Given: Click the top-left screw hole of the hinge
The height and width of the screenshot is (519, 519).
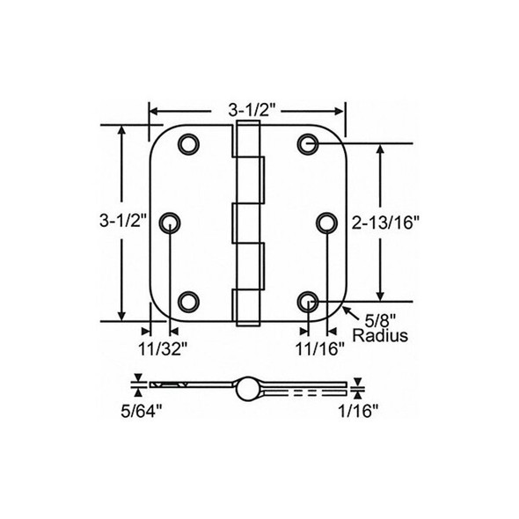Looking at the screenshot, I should pos(187,144).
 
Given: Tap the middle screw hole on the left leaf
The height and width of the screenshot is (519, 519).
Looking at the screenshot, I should pos(169,223).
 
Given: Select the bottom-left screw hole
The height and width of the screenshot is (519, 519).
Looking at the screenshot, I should pos(187,303).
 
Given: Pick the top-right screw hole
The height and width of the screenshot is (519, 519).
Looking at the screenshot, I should pos(307,144).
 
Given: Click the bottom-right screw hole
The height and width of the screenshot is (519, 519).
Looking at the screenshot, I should pos(307,303).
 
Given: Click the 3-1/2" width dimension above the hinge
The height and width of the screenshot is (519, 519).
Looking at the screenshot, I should pos(246,111).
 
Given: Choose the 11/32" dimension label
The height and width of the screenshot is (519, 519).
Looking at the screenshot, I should pos(162,347).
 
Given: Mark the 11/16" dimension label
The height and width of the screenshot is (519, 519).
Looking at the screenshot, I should pos(318,347).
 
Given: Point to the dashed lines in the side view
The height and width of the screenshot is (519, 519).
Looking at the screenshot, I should pos(303,387).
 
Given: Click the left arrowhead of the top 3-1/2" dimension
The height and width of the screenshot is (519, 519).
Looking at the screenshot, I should pos(153,112).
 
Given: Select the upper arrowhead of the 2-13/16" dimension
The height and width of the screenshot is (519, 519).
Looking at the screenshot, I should pos(381,150).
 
